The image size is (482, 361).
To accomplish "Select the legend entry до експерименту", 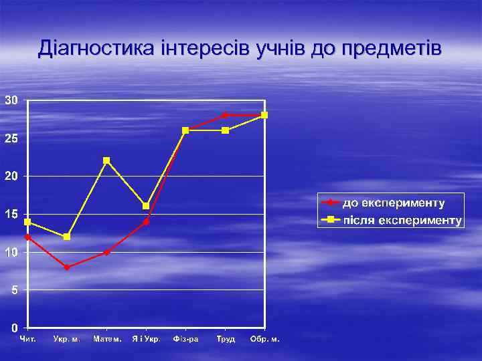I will click(393, 203).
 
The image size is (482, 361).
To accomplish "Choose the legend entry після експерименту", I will click(402, 220).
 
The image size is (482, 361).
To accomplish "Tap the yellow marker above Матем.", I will click(106, 160).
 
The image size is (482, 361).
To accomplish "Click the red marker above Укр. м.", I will click(67, 267).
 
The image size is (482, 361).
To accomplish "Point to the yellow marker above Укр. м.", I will click(67, 237).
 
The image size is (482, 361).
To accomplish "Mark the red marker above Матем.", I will click(106, 252).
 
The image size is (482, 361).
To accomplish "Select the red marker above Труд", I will click(225, 115).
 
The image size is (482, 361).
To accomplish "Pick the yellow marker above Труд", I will click(225, 130).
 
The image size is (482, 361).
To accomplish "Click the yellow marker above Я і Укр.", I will click(146, 206).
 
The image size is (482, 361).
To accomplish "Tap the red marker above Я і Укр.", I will click(146, 222).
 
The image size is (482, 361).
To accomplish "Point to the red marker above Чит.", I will click(27, 237).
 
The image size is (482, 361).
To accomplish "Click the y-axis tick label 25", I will click(11, 138).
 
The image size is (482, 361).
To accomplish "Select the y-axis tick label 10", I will click(11, 253).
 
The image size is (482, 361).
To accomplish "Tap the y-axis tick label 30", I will click(11, 100).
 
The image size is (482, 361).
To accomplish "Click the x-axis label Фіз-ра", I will click(185, 339).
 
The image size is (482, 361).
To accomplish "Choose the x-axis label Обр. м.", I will click(264, 339).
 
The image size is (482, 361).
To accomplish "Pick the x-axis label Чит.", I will click(27, 339).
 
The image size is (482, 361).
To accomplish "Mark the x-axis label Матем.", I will click(107, 339).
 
